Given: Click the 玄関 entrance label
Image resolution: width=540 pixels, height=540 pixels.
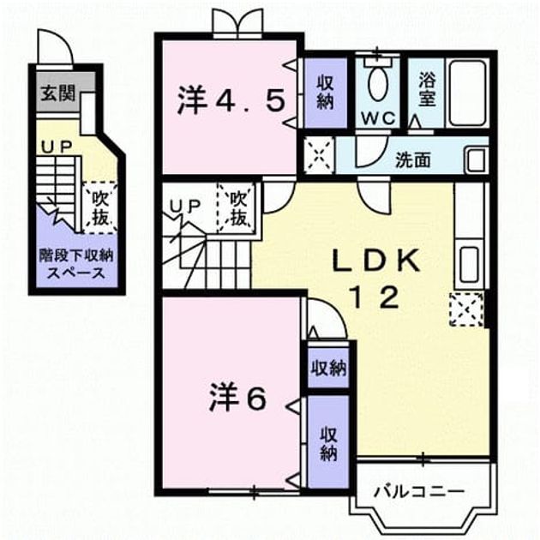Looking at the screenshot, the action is pos(58,93).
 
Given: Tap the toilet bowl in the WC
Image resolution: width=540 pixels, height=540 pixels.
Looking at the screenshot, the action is pos(378,82).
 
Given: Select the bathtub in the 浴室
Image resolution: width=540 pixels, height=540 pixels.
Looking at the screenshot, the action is pos(467,93).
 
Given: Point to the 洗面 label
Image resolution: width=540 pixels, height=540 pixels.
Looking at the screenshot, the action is pos(412,159).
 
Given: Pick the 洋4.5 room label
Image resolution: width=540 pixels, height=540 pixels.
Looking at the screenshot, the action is pos(231,100).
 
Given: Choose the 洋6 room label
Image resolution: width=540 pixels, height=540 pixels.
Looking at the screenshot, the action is pos(237,398).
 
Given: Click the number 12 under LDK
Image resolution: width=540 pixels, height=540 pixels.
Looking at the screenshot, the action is pos(375,297).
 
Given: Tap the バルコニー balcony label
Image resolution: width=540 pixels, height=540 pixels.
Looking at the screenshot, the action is pos(419,491).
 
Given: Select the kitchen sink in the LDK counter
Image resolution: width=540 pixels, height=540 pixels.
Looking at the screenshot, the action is pos(469,265).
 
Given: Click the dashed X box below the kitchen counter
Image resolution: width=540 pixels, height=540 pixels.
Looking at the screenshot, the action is pos(466,309).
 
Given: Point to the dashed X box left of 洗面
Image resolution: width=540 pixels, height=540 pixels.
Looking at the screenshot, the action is pos(319,155).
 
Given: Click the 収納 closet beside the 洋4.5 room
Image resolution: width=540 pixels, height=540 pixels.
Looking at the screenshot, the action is pos(326,93).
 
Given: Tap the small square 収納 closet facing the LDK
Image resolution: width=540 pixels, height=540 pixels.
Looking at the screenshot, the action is pos(328,369).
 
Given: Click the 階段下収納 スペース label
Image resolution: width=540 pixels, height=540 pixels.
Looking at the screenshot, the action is pos(76,264).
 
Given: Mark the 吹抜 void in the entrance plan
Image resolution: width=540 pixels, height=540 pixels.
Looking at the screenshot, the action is pos(100,208).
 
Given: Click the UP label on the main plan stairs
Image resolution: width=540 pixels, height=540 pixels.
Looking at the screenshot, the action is pos(185,206).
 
